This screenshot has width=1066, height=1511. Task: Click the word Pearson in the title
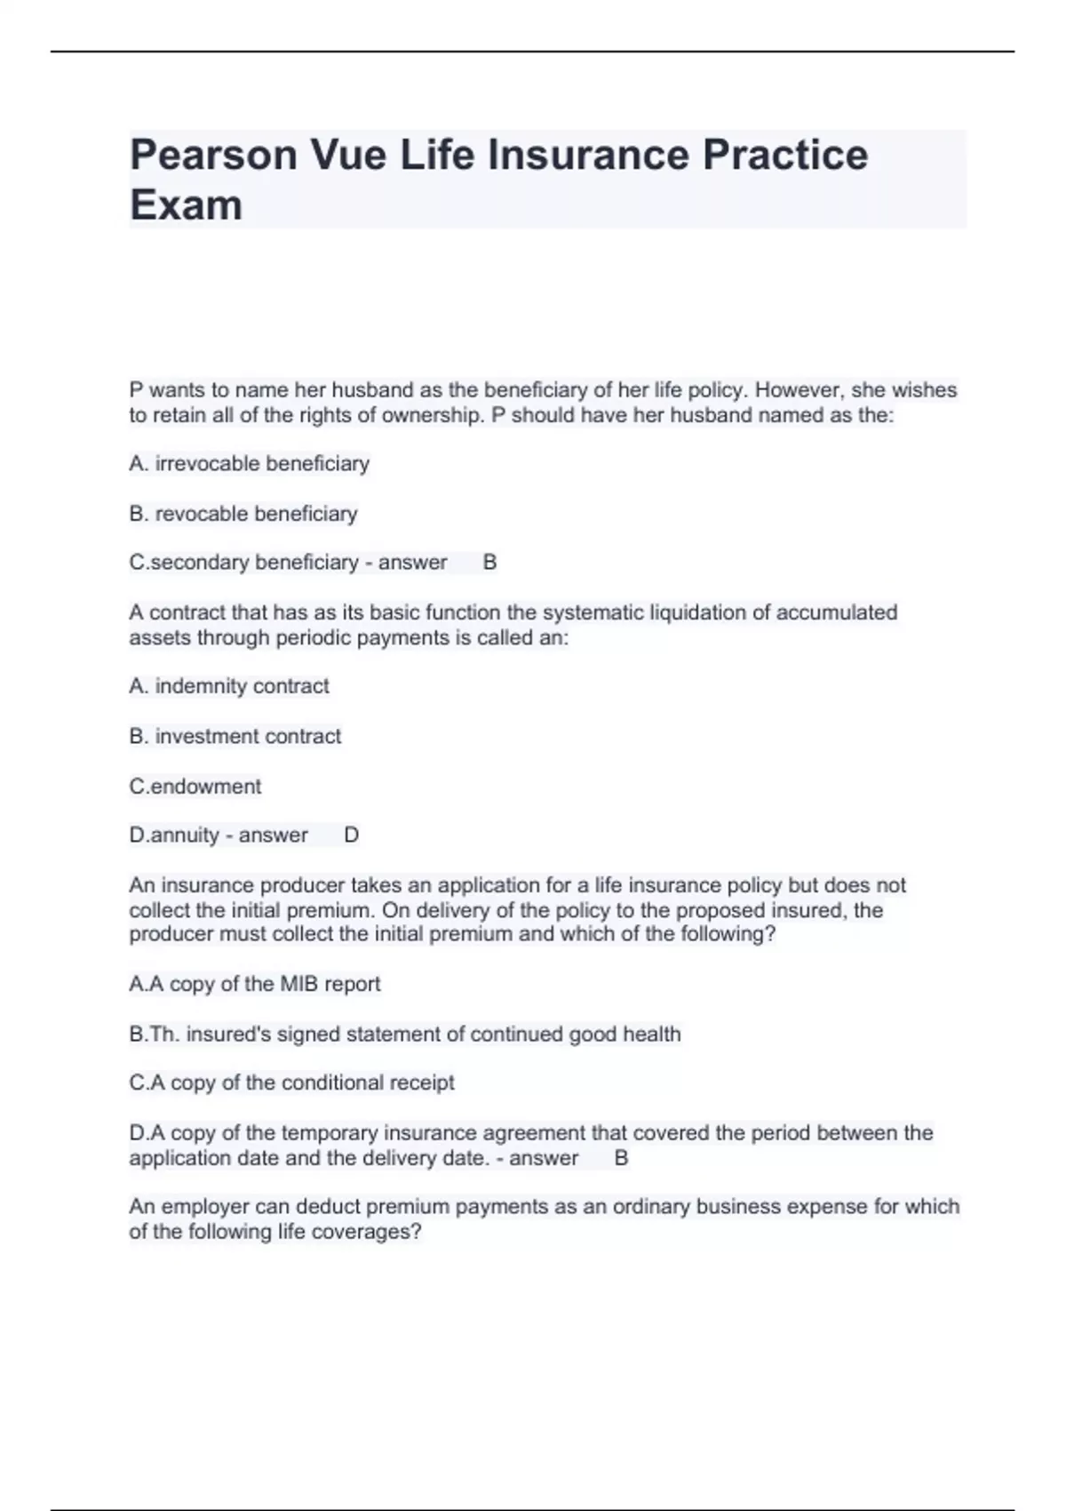pyautogui.click(x=213, y=156)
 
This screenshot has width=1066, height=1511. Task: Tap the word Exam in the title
pyautogui.click(x=186, y=205)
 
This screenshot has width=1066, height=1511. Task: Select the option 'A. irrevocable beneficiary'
pyautogui.click(x=249, y=464)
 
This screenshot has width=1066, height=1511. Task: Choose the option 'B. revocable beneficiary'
pyautogui.click(x=243, y=514)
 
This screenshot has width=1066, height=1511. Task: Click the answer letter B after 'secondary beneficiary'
pyautogui.click(x=489, y=563)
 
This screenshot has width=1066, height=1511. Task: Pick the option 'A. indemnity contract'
pyautogui.click(x=228, y=686)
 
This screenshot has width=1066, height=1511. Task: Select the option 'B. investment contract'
pyautogui.click(x=235, y=736)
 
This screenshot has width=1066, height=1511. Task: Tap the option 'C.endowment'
pyautogui.click(x=195, y=787)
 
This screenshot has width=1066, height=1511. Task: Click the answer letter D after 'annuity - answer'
pyautogui.click(x=351, y=835)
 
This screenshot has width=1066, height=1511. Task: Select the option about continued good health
pyautogui.click(x=404, y=1035)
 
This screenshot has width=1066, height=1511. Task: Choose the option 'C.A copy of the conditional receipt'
pyautogui.click(x=291, y=1083)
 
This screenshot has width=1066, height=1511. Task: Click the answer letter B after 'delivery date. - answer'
pyautogui.click(x=621, y=1158)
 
